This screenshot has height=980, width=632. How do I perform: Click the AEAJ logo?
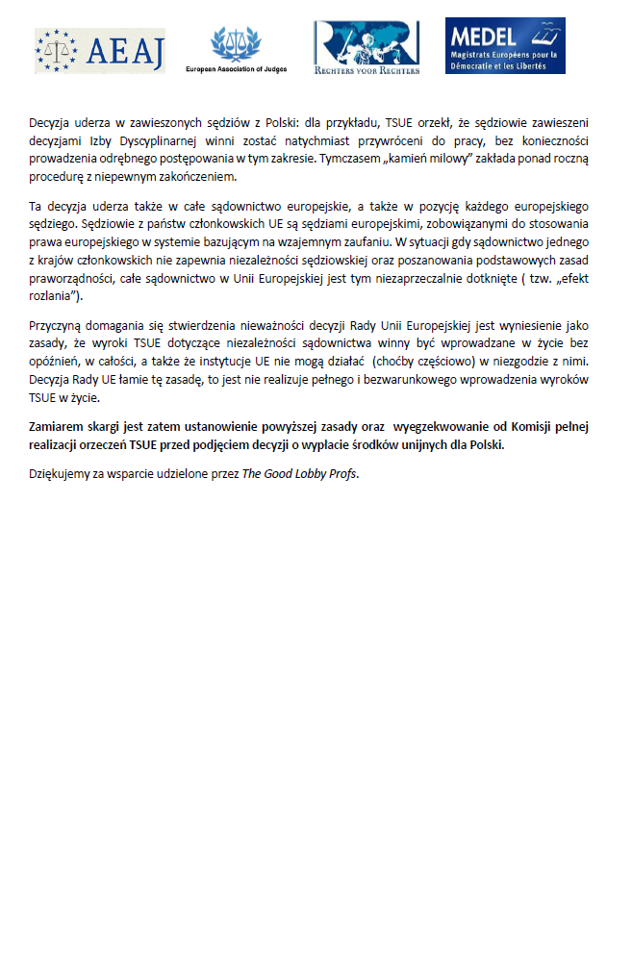tap(100, 50)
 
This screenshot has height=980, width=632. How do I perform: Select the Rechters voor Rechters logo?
tap(366, 48)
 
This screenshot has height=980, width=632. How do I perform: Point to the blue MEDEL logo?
tap(505, 45)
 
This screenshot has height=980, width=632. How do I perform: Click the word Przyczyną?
tap(58, 326)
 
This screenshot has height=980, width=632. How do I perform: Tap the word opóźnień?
tap(59, 361)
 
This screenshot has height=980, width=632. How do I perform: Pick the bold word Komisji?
tap(544, 427)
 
